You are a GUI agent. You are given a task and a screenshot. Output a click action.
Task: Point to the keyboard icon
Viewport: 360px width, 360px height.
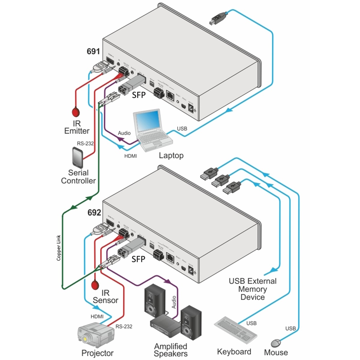pyautogui.click(x=236, y=330)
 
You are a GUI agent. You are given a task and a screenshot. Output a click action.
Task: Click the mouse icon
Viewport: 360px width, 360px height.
pyautogui.click(x=276, y=343)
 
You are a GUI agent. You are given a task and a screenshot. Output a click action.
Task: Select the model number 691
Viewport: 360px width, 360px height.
pyautogui.click(x=93, y=52)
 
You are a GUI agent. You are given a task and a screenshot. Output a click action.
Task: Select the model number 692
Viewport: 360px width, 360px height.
pyautogui.click(x=94, y=213)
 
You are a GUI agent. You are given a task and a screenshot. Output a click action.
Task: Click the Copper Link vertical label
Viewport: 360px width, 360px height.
pyautogui.click(x=59, y=247)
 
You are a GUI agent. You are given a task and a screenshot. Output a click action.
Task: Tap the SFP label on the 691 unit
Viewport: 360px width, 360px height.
pyautogui.click(x=139, y=95)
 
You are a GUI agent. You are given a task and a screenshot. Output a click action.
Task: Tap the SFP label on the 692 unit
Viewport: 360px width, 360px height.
pyautogui.click(x=138, y=259)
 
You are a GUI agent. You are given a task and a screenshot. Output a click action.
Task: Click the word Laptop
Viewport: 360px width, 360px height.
pyautogui.click(x=171, y=155)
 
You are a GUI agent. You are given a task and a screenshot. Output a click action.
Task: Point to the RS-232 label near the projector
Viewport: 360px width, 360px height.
pyautogui.click(x=124, y=326)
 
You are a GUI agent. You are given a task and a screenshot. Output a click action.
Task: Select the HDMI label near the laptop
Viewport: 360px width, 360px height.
pyautogui.click(x=130, y=156)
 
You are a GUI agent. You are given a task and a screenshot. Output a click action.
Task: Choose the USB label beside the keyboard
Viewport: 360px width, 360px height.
pyautogui.click(x=251, y=323)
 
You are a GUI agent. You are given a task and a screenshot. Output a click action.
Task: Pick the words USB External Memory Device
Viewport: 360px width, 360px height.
pyautogui.click(x=253, y=289)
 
